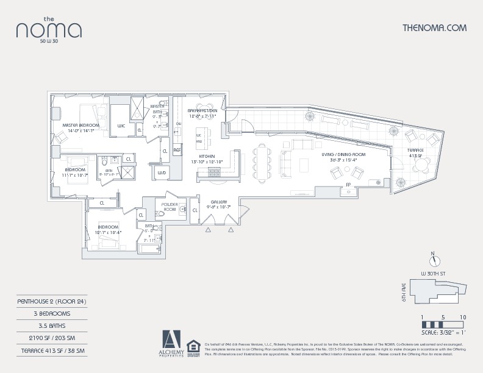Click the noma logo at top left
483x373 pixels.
click(49, 29)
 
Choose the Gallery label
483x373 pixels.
click(219, 204)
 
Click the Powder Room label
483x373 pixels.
click(169, 207)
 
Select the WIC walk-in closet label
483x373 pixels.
click(121, 126)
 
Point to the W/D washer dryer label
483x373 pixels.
click(162, 172)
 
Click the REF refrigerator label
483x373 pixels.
click(177, 149)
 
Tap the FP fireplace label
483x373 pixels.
click(348, 184)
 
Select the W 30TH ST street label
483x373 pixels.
click(434, 272)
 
